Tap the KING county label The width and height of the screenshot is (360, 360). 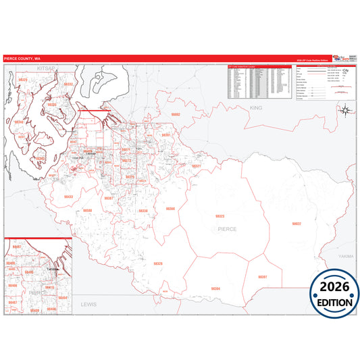tap(255, 107)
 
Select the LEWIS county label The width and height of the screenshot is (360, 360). tap(88, 305)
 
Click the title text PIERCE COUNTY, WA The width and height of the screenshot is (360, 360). tap(21, 59)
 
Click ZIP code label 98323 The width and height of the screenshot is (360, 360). tap(219, 216)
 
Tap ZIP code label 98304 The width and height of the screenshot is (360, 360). tap(215, 288)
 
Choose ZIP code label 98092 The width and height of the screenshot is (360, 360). tap(176, 115)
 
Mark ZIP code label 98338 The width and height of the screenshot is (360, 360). tap(143, 211)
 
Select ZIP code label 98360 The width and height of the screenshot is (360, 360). tap(170, 209)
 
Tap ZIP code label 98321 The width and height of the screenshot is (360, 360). tap(196, 165)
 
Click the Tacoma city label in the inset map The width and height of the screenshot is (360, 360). tap(48, 268)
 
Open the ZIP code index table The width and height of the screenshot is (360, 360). tap(260, 81)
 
